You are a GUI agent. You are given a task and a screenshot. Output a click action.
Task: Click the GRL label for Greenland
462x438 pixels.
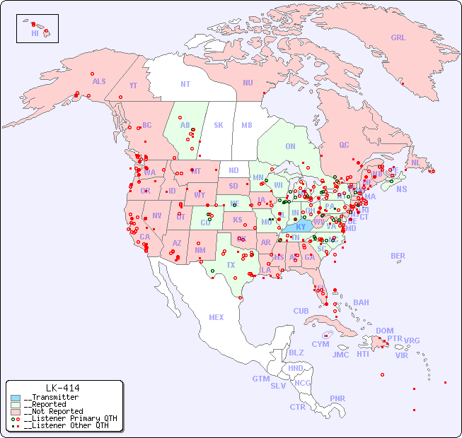398,38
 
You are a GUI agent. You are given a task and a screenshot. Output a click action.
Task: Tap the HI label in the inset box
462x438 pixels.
35,33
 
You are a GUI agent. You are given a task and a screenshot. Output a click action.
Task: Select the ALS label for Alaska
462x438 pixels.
99,82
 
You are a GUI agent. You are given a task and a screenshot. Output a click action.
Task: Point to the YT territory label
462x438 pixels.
133,85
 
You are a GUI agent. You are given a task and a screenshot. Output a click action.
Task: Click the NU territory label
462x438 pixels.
248,83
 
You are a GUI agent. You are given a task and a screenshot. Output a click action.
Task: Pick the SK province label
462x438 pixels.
219,125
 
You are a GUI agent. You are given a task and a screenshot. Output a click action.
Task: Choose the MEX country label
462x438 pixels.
216,317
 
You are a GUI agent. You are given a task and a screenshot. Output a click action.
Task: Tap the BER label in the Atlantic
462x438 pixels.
398,256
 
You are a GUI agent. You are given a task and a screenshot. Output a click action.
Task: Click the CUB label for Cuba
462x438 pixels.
301,311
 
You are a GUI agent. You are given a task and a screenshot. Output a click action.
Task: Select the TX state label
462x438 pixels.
231,265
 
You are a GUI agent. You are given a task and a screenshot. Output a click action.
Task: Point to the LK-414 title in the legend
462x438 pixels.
62,388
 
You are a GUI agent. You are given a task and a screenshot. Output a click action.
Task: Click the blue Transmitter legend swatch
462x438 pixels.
16,398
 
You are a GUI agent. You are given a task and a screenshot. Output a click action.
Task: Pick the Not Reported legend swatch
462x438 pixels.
16,411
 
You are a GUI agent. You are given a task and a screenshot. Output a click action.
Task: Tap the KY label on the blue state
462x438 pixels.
301,227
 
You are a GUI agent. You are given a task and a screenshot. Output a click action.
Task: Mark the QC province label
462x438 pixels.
344,145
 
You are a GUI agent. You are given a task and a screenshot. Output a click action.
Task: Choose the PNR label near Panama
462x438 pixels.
337,398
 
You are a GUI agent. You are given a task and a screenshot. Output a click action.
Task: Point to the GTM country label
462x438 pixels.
260,379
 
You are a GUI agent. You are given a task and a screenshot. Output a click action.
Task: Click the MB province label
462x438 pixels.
246,125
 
